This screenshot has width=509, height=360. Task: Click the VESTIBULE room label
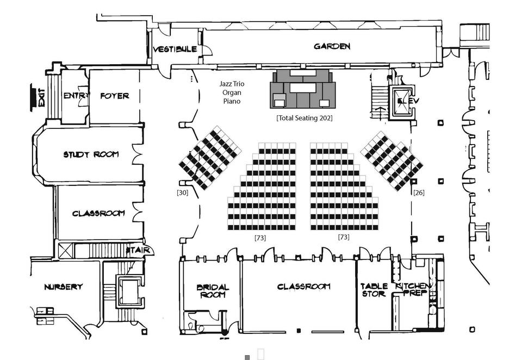pyautogui.click(x=175, y=49)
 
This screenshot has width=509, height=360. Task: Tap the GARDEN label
pyautogui.click(x=332, y=47)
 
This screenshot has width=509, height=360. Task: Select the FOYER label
pyautogui.click(x=115, y=96)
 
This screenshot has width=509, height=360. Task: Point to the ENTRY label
pyautogui.click(x=75, y=96)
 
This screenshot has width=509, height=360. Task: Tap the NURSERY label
pyautogui.click(x=63, y=287)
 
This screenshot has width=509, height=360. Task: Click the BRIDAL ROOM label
pyautogui.click(x=213, y=291)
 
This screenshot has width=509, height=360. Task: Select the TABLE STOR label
pyautogui.click(x=374, y=290)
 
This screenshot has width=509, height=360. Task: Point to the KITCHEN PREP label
pyautogui.click(x=414, y=290)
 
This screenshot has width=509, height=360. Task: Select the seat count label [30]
pyautogui.click(x=183, y=192)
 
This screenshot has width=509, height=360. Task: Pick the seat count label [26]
pyautogui.click(x=419, y=193)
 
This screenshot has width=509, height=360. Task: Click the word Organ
pyautogui.click(x=231, y=93)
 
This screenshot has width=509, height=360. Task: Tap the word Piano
pyautogui.click(x=231, y=101)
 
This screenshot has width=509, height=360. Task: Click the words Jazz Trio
pyautogui.click(x=231, y=84)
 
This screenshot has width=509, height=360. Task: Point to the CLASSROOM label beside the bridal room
pyautogui.click(x=304, y=287)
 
